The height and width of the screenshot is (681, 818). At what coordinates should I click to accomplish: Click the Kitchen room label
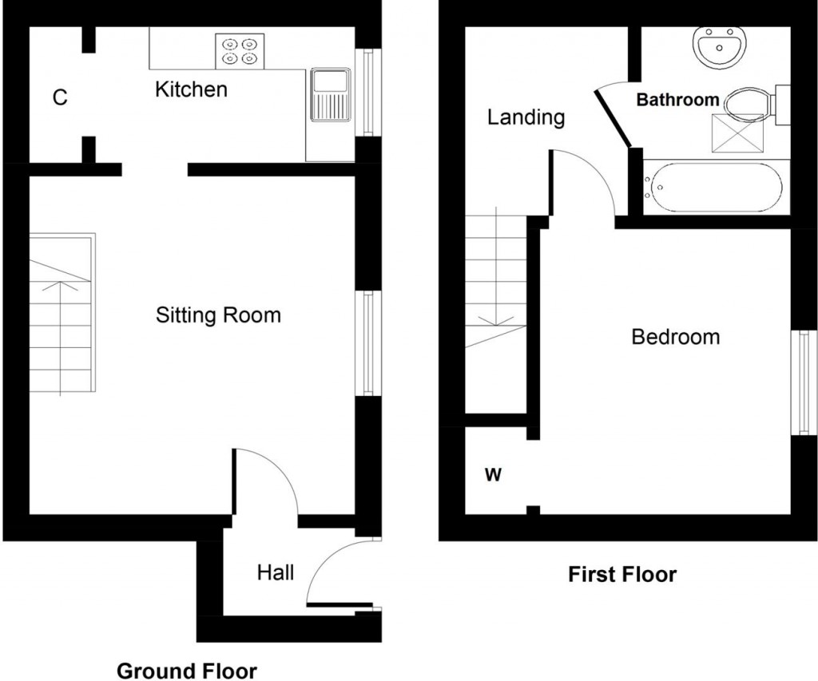coord(191,89)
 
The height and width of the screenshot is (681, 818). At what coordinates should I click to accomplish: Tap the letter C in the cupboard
coord(60,98)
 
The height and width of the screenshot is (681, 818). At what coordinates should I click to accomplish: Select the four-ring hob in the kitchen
coord(240,49)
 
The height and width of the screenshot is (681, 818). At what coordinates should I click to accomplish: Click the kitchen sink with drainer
coord(330,94)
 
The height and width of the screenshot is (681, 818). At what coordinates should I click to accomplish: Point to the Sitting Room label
coord(218,315)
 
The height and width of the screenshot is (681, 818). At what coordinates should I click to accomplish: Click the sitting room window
coord(367,343)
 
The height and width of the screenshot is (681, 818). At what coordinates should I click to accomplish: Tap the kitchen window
coord(368,93)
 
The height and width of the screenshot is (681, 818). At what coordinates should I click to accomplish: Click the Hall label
coord(275,572)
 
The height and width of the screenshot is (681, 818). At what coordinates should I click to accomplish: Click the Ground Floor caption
coord(187,671)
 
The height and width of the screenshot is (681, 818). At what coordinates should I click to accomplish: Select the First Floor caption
coord(622,574)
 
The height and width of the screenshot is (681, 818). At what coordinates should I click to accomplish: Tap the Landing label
coord(526,118)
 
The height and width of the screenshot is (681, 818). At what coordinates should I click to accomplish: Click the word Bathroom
coord(677,101)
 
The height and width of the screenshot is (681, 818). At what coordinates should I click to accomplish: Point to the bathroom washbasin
coord(721,48)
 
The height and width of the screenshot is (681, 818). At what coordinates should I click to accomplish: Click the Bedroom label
coord(675,337)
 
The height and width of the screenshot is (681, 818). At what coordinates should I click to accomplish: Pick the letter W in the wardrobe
coord(493,476)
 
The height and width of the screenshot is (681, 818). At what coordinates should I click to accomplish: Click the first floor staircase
coord(495,311)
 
